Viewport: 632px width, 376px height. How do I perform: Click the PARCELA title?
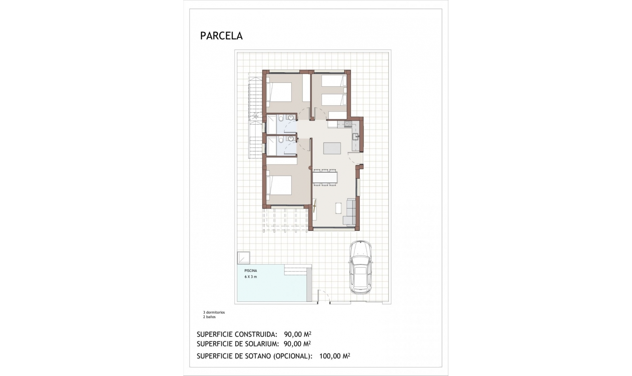[x=221, y=36]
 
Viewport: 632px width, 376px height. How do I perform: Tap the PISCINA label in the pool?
[x=250, y=271]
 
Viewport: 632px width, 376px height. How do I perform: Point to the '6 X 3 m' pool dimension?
[x=250, y=277]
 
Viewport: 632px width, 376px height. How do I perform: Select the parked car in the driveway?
[x=360, y=267]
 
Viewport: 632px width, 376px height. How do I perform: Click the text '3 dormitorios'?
[x=214, y=312]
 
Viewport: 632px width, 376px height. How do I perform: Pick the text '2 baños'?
[x=209, y=317]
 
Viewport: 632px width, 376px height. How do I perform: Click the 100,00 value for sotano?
[x=330, y=356]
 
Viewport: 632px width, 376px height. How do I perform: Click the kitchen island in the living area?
[x=332, y=148]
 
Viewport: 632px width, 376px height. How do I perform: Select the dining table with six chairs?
[x=325, y=178]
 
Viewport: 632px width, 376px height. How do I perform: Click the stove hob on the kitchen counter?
[x=348, y=124]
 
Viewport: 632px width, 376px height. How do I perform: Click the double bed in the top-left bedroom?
[x=279, y=92]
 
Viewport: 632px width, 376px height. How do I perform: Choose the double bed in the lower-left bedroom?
[x=279, y=185]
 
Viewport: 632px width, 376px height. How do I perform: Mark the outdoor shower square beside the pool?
[x=243, y=258]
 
